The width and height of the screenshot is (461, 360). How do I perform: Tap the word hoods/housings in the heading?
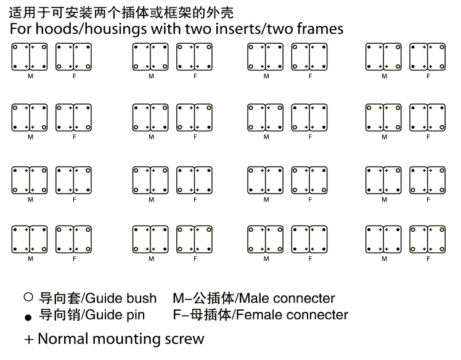pos(91,30)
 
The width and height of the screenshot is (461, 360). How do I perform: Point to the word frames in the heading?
pos(320,29)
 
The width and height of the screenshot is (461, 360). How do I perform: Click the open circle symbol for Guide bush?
pos(28,297)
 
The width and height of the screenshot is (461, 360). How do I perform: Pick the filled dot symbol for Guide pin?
pos(28,317)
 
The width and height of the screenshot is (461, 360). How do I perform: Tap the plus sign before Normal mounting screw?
pos(29,340)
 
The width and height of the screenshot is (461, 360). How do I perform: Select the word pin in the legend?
pos(136,315)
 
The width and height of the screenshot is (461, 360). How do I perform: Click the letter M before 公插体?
pos(179,298)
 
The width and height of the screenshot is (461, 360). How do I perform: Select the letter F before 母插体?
pos(177,315)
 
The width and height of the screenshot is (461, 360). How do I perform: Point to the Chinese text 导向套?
pos(60,298)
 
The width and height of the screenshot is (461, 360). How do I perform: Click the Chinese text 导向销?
pos(60,314)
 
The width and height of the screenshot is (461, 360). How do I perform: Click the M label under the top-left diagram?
pos(31,76)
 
